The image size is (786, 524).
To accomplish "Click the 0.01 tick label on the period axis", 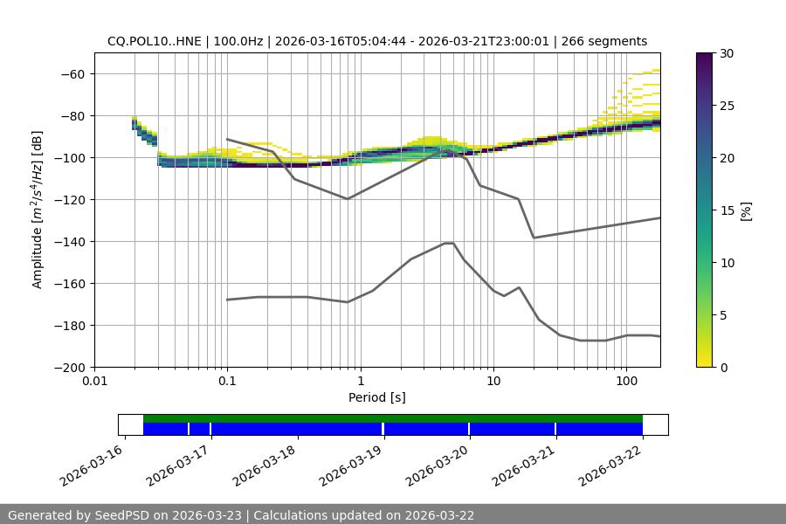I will pos(94,382).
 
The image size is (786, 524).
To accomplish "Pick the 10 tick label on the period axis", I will pos(493,382).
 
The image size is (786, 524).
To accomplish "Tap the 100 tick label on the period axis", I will pos(626,382).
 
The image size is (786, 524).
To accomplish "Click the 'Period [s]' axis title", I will pos(377,397).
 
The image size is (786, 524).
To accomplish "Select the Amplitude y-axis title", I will pos(38,210).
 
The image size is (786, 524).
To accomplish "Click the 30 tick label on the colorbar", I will pos(727,53).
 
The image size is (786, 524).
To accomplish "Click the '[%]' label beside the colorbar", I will pos(745,210).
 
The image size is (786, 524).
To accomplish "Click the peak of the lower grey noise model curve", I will pos(449,243).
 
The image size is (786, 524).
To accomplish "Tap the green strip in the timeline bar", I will pos(393,418).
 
